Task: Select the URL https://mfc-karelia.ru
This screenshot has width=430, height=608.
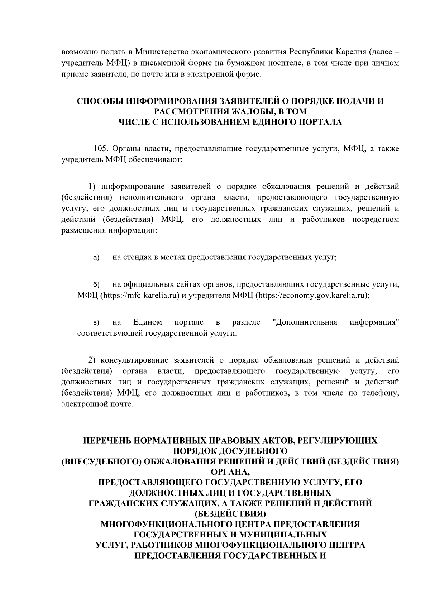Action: point(140,296)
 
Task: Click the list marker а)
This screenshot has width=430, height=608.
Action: point(96,258)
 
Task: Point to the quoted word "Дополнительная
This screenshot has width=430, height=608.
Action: point(305,322)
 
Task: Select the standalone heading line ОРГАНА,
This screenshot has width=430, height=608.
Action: point(230,472)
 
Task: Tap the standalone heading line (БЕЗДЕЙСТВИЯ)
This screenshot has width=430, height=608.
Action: point(230,514)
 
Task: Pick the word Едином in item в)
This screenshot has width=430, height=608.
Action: point(147,322)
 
